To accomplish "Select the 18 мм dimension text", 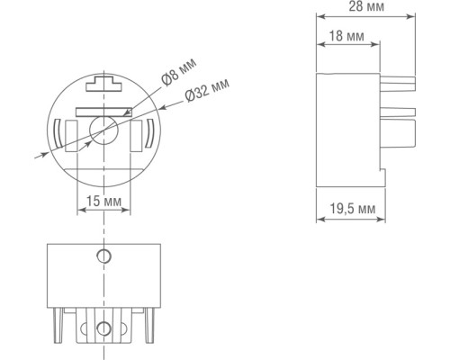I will point(346,36).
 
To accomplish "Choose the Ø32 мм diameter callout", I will point(206,96).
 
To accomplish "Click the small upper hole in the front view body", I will point(103,256).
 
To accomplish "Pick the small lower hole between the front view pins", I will point(103,328).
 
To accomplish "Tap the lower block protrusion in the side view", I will point(400,136).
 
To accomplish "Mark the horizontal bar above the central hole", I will point(103,112).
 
